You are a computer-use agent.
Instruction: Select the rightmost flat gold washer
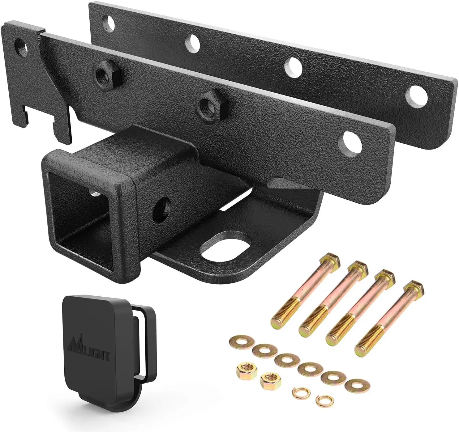point(357,385)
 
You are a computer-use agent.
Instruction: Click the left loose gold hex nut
point(246,369)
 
